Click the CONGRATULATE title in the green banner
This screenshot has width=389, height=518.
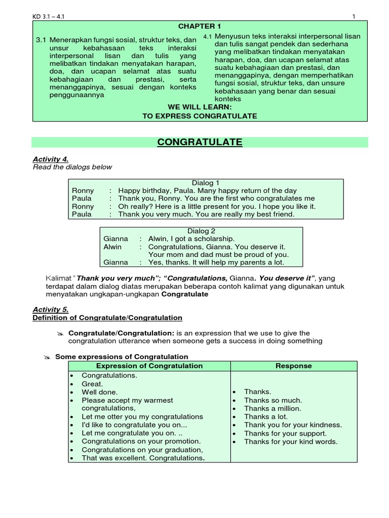200,143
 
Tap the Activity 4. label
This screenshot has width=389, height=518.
50,159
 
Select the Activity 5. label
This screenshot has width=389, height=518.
50,310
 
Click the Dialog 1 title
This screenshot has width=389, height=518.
206,183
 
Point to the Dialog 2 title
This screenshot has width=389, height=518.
202,231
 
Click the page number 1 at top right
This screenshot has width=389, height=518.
354,17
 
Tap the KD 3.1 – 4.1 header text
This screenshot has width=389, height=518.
49,17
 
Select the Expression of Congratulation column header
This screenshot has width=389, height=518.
149,366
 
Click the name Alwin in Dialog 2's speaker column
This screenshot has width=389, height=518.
112,247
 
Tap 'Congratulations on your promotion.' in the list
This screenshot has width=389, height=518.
141,441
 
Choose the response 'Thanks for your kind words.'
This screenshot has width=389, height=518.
291,442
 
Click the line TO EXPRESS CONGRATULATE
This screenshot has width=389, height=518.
200,116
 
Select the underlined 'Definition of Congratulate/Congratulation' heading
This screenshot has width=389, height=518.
107,318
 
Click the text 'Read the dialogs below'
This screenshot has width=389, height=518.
72,167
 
